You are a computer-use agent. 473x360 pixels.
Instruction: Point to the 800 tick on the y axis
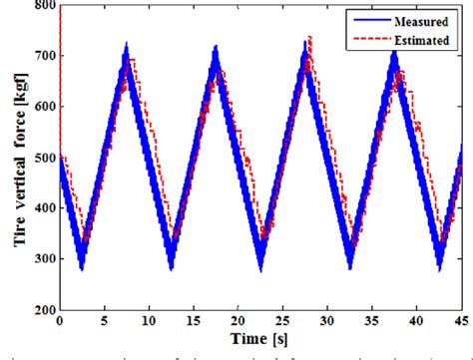point(44,7)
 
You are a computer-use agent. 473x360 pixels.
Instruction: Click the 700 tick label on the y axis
point(44,58)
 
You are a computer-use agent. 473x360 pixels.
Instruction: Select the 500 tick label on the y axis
point(44,159)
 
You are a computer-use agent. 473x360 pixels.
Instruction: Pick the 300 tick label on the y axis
point(44,259)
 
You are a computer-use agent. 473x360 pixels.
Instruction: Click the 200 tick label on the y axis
point(44,310)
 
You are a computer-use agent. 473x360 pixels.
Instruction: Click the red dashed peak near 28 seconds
point(309,38)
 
